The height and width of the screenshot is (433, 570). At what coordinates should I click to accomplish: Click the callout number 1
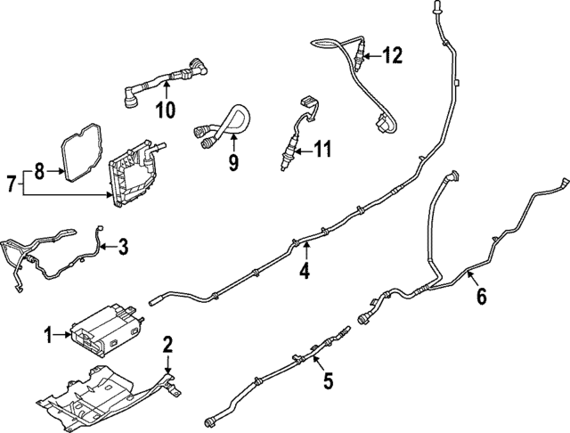(49, 335)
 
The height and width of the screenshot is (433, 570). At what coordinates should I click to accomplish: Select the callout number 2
(167, 345)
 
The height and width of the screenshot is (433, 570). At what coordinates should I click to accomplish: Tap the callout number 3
(123, 246)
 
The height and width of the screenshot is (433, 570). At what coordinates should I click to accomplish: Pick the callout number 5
(327, 382)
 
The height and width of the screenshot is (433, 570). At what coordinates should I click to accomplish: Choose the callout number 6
(481, 297)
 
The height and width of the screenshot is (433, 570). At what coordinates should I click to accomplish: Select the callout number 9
(233, 162)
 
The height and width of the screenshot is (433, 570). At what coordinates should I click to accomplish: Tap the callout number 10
(166, 110)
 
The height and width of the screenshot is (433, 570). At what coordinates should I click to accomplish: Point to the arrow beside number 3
(107, 247)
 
